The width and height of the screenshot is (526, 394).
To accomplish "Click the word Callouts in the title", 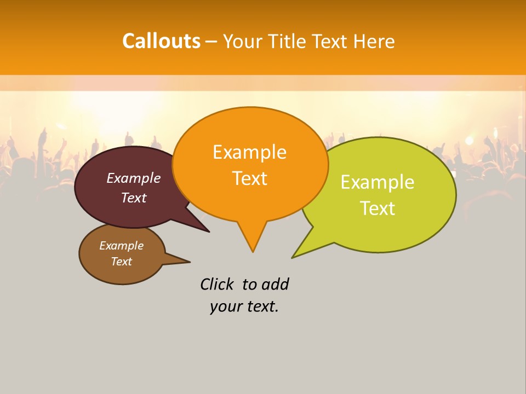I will tap(161, 41).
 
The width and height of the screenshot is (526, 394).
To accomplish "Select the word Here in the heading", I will tap(374, 42).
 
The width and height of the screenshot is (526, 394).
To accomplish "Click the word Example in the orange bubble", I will tap(249, 152).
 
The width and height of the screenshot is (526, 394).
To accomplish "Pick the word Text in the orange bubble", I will tap(249, 178).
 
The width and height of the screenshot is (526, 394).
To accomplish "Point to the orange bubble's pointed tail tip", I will tap(253, 251).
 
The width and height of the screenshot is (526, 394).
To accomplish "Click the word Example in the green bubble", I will tap(378, 182).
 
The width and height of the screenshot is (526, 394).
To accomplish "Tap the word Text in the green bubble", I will tap(378, 208).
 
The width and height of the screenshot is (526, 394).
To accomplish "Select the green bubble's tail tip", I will tap(293, 257).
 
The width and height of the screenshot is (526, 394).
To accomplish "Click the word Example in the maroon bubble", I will tap(134, 178).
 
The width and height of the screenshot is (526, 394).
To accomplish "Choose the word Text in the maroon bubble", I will tap(134, 198).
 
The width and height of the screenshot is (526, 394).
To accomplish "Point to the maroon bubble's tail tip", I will tap(209, 231).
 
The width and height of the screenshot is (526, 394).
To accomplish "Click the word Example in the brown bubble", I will tap(121, 246).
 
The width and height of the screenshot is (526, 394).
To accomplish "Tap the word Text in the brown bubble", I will tap(121, 262).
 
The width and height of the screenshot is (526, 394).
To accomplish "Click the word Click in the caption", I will tap(217, 284).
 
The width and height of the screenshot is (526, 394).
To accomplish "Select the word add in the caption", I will tap(275, 284).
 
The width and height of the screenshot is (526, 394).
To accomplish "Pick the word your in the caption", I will tap(225, 307).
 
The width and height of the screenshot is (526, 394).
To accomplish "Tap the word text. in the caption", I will tap(261, 306).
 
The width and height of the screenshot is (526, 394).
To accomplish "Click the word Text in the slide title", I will tap(333, 42).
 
